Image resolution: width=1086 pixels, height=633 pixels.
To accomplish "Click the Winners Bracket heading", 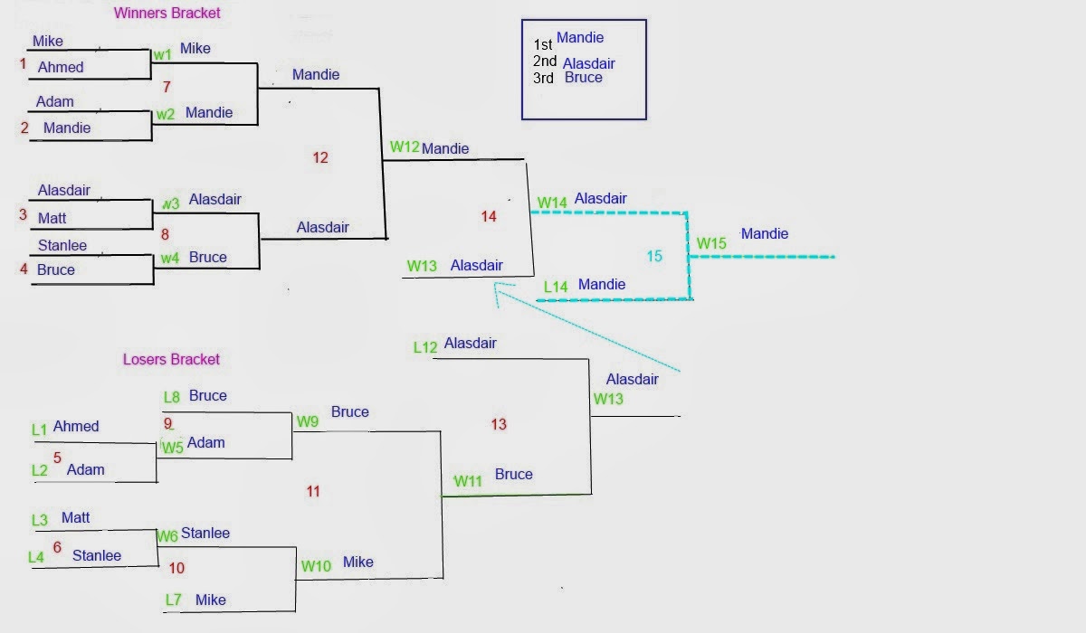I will [167, 14].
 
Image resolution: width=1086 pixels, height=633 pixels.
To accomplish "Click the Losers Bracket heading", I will [171, 359].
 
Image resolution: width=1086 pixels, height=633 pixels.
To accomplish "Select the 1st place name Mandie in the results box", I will [580, 38].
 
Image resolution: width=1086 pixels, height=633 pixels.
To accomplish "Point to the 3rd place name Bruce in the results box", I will [583, 78].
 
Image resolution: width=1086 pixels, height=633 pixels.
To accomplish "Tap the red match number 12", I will [320, 158].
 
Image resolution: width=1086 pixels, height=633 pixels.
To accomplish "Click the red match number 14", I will [489, 216].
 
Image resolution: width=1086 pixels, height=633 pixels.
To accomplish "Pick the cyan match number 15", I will [654, 257].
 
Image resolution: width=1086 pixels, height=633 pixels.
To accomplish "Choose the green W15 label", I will [711, 243].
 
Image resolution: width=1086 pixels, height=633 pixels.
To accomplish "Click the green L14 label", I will [556, 287].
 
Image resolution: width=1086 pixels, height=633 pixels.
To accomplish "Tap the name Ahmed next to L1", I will [76, 426].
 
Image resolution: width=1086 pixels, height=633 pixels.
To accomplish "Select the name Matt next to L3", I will [76, 518].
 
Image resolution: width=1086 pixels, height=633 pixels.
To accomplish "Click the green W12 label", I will [405, 146].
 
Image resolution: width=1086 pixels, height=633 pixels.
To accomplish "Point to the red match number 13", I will [499, 424].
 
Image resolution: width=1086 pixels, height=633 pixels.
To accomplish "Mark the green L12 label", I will [425, 347].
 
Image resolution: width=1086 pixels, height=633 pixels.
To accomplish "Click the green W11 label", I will [469, 481].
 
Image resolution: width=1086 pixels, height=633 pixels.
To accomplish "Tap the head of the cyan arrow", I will [496, 285].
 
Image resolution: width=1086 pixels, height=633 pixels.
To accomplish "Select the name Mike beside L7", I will [210, 600].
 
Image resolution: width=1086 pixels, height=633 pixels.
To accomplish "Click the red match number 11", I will [313, 492].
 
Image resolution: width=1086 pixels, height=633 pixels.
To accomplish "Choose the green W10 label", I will [317, 566].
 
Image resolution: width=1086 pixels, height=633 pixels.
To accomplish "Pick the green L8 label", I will [172, 396].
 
